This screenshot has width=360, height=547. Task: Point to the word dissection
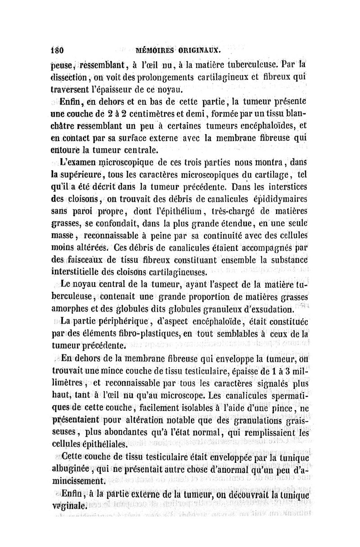tap(71, 77)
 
